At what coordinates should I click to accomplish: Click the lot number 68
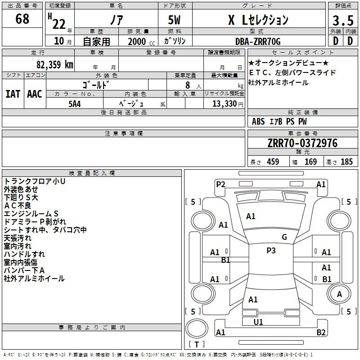[22, 18]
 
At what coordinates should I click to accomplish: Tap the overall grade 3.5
[343, 20]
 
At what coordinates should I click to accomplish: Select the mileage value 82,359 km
[55, 64]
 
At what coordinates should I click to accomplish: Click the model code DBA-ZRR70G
[258, 41]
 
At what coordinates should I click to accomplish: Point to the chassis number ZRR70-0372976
[302, 143]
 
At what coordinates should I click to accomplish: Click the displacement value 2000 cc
[141, 41]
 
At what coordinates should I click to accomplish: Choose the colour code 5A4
[75, 104]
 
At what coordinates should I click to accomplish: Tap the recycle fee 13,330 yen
[228, 104]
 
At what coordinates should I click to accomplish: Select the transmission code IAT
[13, 94]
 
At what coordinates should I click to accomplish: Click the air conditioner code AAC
[35, 94]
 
